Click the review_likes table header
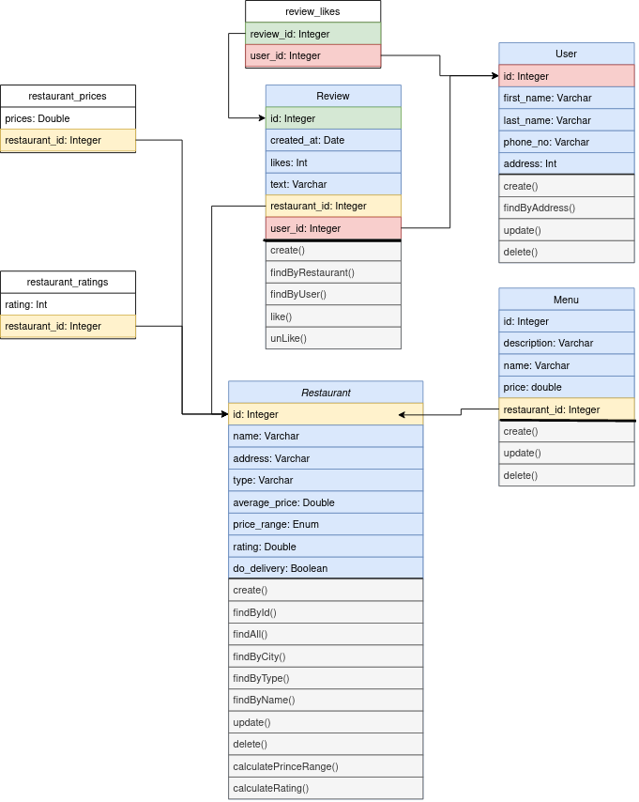click(x=312, y=11)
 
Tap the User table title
click(x=566, y=54)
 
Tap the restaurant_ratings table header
click(x=68, y=282)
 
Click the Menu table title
click(x=566, y=300)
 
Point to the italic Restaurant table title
click(x=326, y=393)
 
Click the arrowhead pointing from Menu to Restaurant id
click(x=403, y=414)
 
